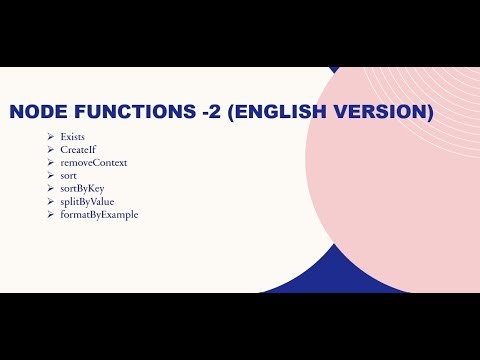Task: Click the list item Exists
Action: [73, 135]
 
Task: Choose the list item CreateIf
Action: [77, 148]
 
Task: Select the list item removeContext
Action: [94, 161]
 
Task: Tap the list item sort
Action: [69, 175]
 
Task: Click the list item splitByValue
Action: [87, 201]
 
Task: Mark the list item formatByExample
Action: [99, 214]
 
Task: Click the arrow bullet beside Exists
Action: [50, 135]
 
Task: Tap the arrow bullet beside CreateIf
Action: [50, 148]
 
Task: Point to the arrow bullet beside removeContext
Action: [50, 161]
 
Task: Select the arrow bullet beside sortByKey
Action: [50, 188]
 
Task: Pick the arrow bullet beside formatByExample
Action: [50, 214]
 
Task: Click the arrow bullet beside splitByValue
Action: [50, 201]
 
